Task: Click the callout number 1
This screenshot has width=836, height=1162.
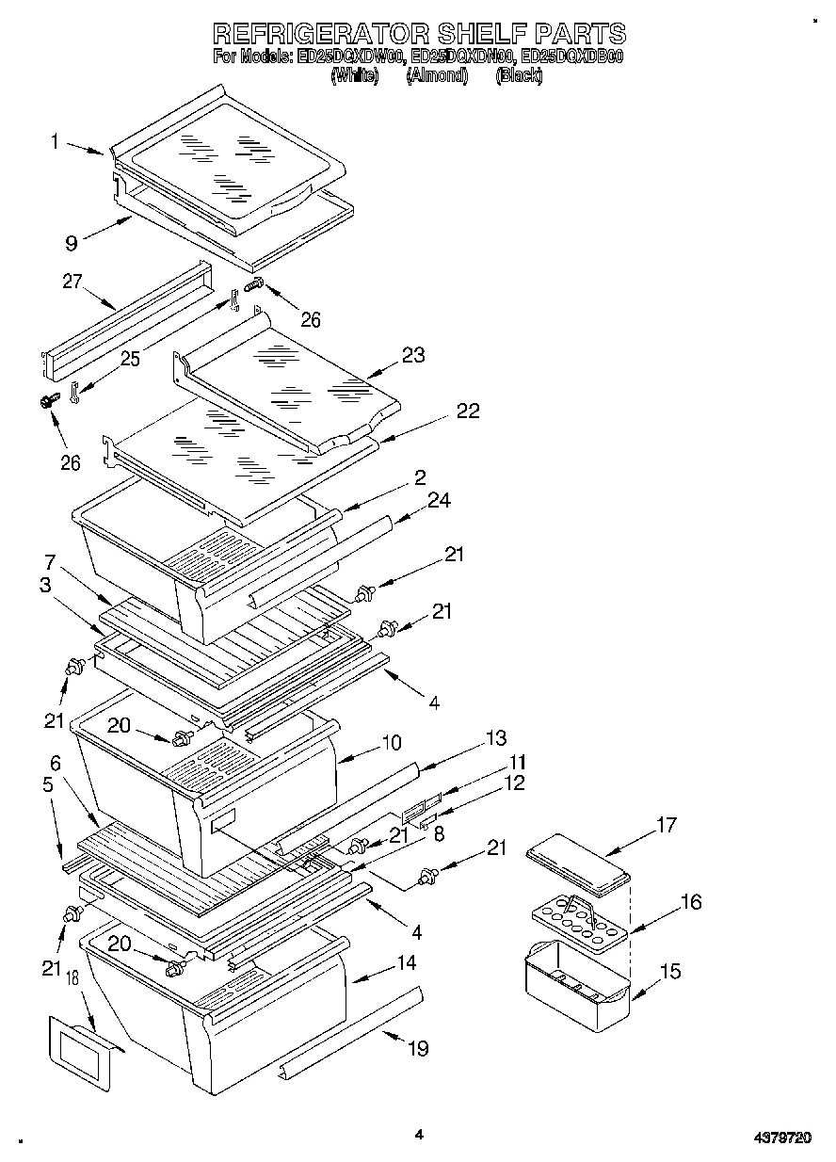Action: point(55,142)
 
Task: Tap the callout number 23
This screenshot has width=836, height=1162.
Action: point(413,355)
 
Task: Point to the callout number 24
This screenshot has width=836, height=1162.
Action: point(438,502)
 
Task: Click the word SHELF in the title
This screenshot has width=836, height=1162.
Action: point(474,34)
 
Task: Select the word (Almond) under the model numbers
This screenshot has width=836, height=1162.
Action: point(436,76)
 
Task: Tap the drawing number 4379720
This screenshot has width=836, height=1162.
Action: point(782,1138)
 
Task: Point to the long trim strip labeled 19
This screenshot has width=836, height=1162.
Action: point(348,1035)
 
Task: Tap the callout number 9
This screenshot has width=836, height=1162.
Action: point(71,243)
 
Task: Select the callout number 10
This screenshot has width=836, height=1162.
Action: point(391,743)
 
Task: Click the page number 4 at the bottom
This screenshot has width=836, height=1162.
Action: point(420,1136)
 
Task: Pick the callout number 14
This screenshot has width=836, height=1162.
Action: point(406,963)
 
